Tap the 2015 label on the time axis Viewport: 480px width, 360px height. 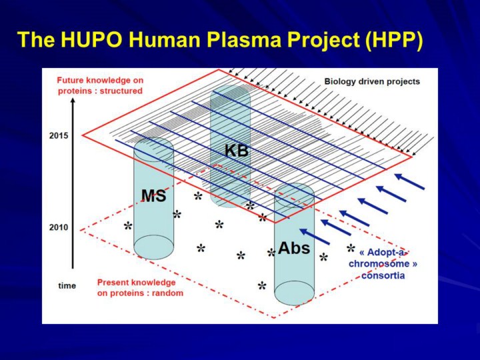59,135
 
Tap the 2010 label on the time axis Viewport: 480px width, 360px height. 59,227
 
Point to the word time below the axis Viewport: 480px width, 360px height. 67,285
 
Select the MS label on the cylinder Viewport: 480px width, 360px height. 154,195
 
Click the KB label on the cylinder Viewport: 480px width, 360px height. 236,151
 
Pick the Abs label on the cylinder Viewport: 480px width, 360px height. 294,247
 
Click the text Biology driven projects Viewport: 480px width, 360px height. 372,82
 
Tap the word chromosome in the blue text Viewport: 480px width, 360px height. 379,264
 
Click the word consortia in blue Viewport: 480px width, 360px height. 383,275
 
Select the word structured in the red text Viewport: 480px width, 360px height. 121,91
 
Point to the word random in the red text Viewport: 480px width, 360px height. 167,293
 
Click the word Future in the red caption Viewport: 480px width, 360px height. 71,81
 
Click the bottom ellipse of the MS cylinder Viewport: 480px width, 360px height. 154,247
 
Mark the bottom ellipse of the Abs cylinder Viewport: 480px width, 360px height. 294,293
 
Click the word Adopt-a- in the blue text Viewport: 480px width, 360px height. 383,253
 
